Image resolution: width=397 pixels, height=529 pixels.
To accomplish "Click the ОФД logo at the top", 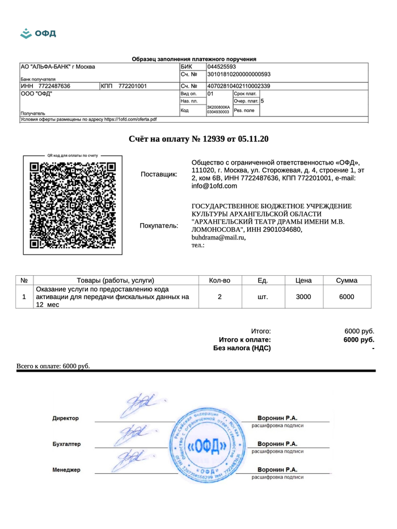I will click(37, 32).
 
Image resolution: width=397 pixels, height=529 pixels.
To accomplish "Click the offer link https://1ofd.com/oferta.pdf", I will click(125, 119).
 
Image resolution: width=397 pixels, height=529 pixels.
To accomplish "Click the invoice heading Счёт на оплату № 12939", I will click(198, 138).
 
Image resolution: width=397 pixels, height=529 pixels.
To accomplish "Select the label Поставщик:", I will click(158, 174).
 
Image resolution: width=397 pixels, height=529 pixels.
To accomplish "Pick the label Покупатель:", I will click(158, 226).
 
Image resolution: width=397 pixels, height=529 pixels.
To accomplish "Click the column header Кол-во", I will click(219, 280).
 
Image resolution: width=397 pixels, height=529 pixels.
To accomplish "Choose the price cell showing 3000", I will click(304, 296).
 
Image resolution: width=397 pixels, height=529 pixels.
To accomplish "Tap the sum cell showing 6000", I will click(346, 296).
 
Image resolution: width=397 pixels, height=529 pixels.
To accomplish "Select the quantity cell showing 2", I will click(219, 296).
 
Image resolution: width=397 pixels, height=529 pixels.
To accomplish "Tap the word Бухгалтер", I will click(67, 444).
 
